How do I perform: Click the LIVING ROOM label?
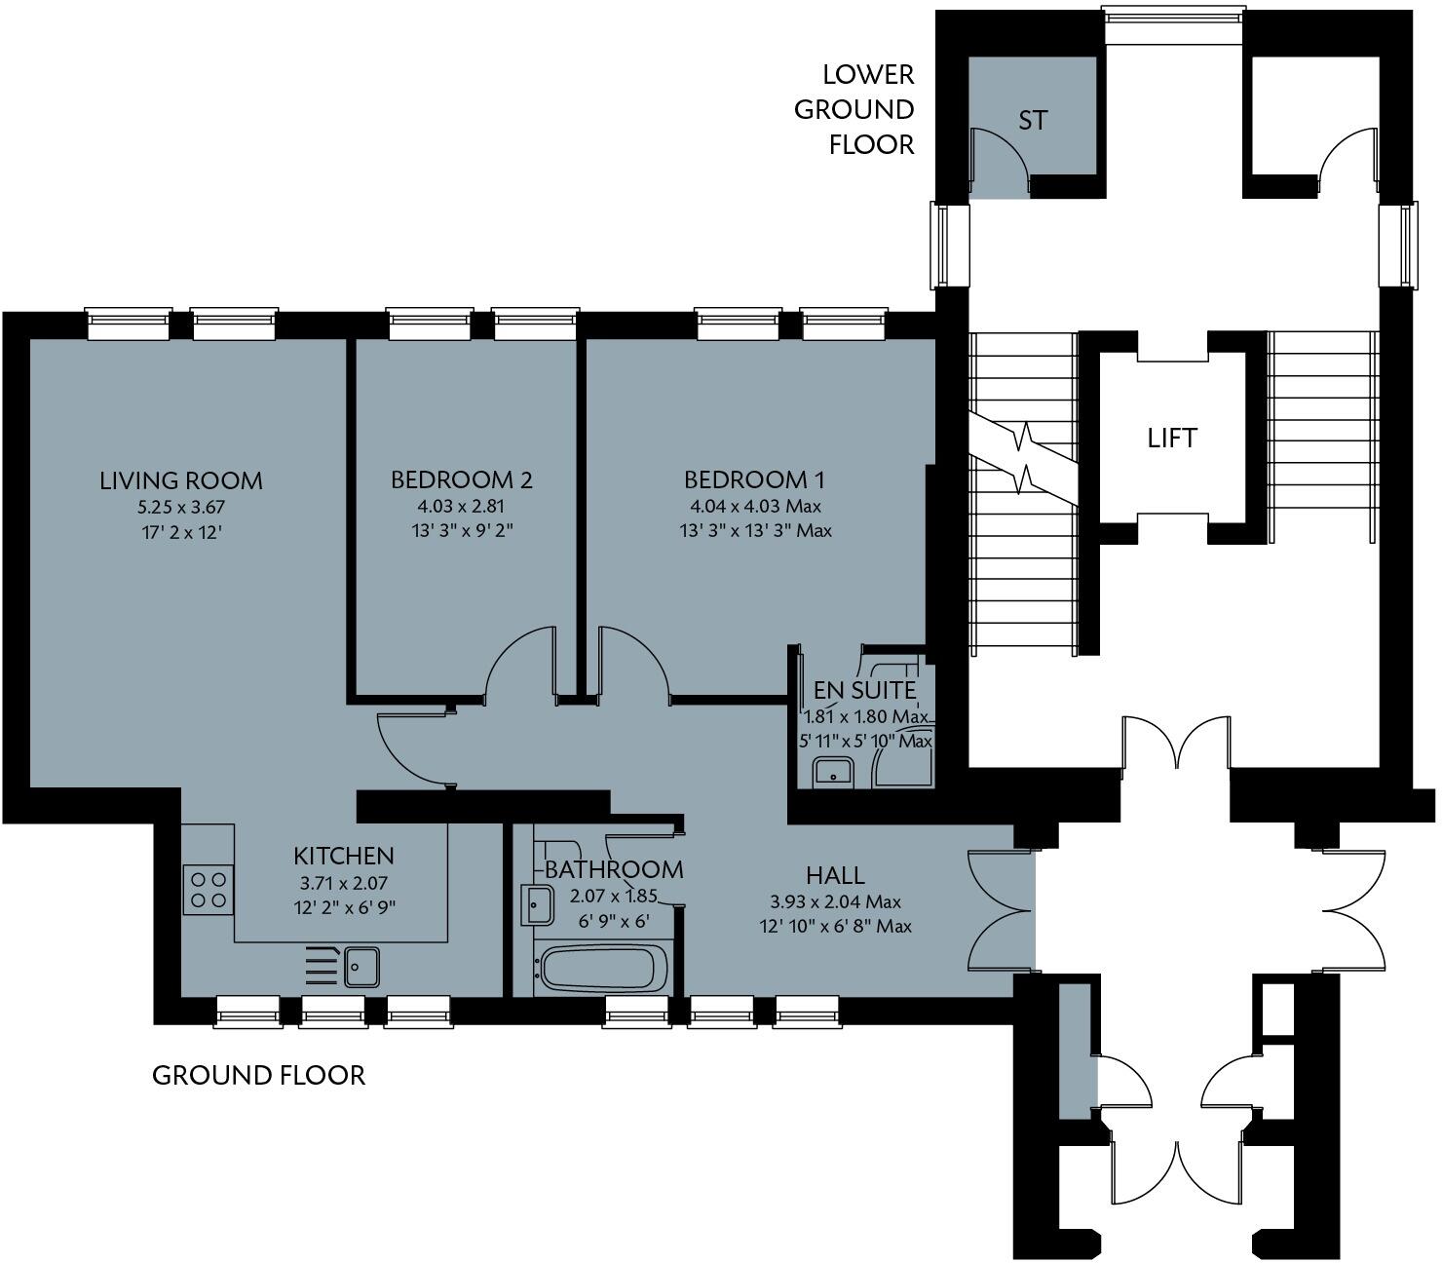(x=181, y=480)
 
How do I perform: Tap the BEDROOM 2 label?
(x=461, y=479)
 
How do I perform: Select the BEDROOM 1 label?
(x=754, y=479)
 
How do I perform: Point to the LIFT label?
(x=1171, y=439)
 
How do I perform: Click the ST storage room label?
(x=1033, y=121)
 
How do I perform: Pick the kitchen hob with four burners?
(x=209, y=889)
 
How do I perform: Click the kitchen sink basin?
(x=360, y=967)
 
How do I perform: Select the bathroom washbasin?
(x=537, y=905)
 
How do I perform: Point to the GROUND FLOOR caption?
(x=258, y=1075)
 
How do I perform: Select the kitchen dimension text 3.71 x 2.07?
(x=344, y=883)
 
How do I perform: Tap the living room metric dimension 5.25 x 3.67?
(x=181, y=507)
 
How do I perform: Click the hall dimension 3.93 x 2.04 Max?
(x=835, y=901)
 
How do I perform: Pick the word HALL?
(x=835, y=874)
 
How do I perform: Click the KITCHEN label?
(x=344, y=856)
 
